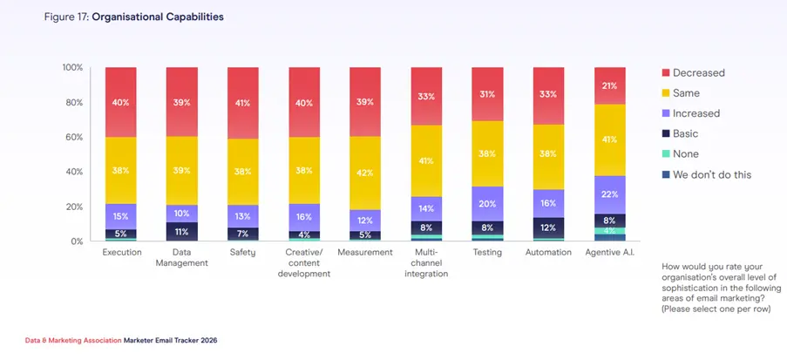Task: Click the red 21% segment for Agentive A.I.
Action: tap(609, 85)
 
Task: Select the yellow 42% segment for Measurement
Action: tap(365, 173)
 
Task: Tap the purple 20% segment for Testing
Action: tap(487, 203)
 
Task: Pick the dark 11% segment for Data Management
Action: tap(182, 232)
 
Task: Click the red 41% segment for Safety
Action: tap(243, 103)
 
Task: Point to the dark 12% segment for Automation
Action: tap(548, 228)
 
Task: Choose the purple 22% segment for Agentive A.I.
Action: tap(609, 194)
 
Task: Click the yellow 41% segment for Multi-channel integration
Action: tap(426, 160)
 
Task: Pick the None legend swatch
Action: tap(667, 154)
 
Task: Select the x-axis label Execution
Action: tap(121, 253)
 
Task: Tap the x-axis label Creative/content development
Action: tap(304, 263)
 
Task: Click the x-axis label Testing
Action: tap(487, 253)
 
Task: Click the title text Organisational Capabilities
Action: tap(168, 17)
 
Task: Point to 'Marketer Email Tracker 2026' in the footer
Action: tap(170, 340)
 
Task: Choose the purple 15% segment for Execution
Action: tap(121, 216)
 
